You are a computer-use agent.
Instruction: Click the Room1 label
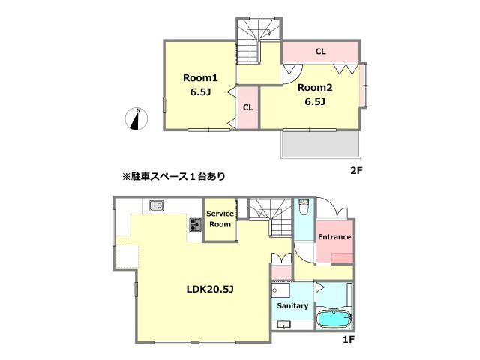coord(200,77)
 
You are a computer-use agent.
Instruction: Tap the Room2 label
coord(314,87)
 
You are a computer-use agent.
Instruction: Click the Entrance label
coord(334,237)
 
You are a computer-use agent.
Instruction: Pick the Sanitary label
coord(292,306)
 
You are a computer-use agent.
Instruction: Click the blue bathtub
coord(334,318)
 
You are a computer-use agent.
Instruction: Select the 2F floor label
coord(356,170)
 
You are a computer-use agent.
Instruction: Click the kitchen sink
coord(156,206)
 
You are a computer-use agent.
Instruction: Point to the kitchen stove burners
coord(196,223)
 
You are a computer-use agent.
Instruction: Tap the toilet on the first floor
coord(302,208)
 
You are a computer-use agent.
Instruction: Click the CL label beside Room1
coord(247,106)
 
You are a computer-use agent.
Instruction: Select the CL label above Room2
coord(320,52)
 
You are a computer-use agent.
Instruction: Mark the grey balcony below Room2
coord(321,144)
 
